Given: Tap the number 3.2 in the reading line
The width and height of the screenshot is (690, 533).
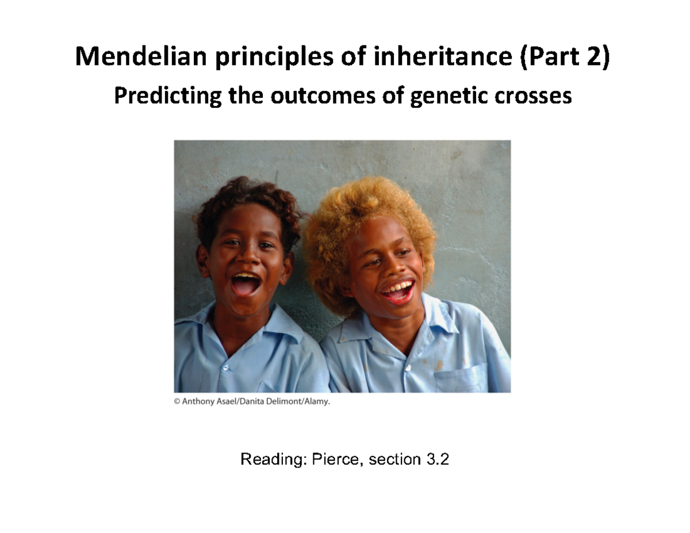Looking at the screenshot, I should pos(435,459).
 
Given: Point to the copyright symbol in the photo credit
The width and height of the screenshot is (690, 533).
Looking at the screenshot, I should pos(178,402).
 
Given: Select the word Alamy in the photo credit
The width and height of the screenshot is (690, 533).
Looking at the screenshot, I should pos(316,402).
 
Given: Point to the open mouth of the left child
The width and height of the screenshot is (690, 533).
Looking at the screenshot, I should pos(246,283).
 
